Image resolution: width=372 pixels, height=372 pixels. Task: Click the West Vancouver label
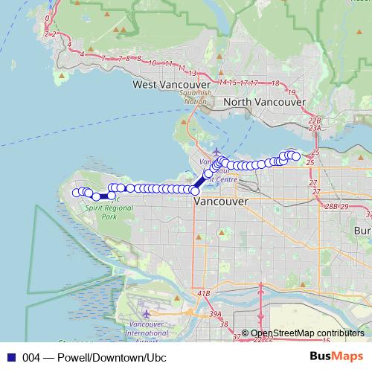click(x=165, y=85)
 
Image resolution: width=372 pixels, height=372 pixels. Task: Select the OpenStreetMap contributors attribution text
click(x=307, y=333)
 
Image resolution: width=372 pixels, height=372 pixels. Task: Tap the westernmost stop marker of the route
click(x=75, y=193)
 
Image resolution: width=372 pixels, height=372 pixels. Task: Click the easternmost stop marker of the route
click(x=296, y=156)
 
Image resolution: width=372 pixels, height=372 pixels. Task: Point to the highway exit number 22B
click(x=315, y=120)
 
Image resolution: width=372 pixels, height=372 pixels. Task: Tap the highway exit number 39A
click(x=216, y=315)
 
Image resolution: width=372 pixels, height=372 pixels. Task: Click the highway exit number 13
click(x=193, y=73)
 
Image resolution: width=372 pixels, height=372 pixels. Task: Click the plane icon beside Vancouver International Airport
click(x=146, y=314)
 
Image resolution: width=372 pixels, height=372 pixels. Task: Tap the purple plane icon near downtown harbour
click(x=217, y=152)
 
